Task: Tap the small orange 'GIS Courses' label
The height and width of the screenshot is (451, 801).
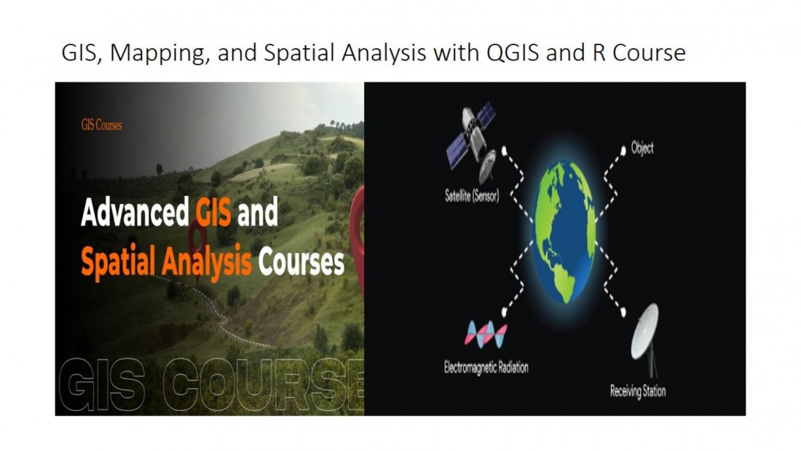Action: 101,125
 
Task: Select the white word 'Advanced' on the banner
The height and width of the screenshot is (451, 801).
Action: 135,213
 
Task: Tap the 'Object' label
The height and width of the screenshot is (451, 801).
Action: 642,149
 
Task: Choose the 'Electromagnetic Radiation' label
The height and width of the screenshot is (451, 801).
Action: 486,367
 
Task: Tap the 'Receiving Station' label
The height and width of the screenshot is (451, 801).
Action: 637,391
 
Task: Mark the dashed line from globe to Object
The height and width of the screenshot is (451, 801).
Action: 608,182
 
